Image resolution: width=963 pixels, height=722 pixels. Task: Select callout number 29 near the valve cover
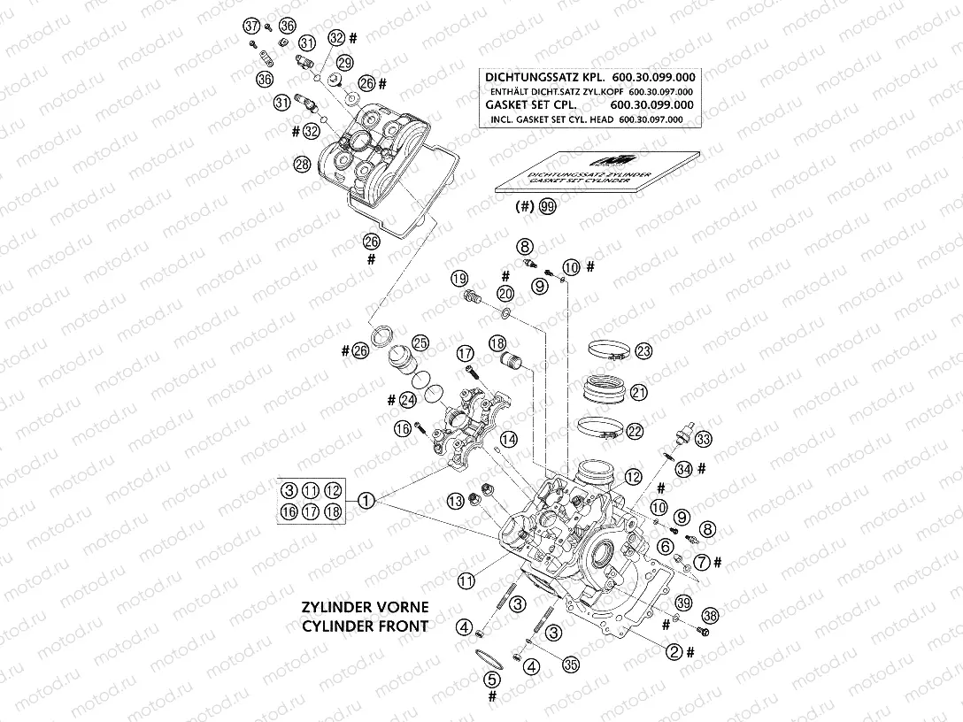tap(344, 62)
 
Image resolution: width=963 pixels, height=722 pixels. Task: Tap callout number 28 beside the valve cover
tap(302, 165)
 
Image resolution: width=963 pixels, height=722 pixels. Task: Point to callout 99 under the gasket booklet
tap(550, 208)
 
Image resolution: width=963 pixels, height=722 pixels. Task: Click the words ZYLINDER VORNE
tap(365, 608)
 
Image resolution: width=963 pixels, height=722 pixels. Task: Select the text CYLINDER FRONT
tap(365, 626)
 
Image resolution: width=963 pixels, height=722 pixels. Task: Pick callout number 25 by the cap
tap(420, 342)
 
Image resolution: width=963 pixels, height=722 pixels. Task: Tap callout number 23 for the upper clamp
tap(643, 351)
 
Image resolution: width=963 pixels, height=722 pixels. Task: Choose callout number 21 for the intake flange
tap(639, 391)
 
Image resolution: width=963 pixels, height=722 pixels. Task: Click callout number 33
tap(703, 439)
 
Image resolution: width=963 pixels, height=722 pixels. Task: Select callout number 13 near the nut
tap(455, 502)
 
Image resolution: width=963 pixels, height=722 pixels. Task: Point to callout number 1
tap(367, 500)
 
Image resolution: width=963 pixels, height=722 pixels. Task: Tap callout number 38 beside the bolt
tap(708, 616)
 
